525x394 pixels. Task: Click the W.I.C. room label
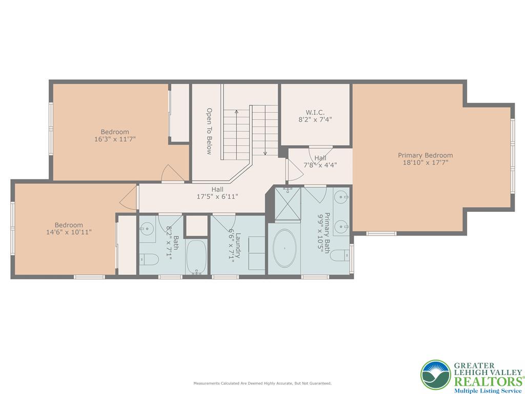click(315, 112)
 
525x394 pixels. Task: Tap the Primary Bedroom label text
click(425, 155)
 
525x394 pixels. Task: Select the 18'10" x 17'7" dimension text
click(425, 163)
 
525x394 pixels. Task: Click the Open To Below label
click(209, 131)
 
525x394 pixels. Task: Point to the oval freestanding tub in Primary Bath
click(285, 248)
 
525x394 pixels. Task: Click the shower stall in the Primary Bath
click(288, 204)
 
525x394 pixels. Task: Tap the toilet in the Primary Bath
click(340, 255)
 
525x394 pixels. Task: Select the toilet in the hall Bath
click(149, 259)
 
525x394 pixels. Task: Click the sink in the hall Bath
click(147, 230)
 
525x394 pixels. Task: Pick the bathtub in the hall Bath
click(196, 257)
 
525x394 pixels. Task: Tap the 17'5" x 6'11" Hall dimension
click(217, 196)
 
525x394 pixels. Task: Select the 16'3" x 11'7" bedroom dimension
click(115, 139)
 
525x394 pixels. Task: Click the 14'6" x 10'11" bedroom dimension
click(69, 232)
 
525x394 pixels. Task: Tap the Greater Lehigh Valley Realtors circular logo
click(436, 375)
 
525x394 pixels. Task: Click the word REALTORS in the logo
click(488, 382)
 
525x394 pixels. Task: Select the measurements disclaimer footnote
click(262, 383)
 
